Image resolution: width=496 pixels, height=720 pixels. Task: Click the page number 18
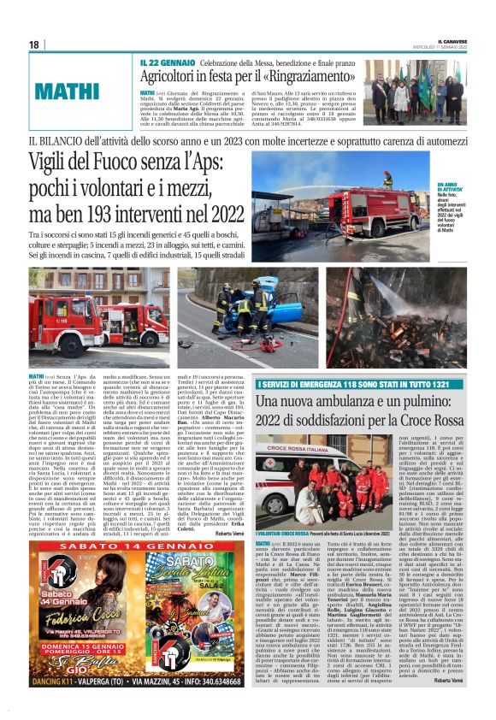[x=33, y=44]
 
